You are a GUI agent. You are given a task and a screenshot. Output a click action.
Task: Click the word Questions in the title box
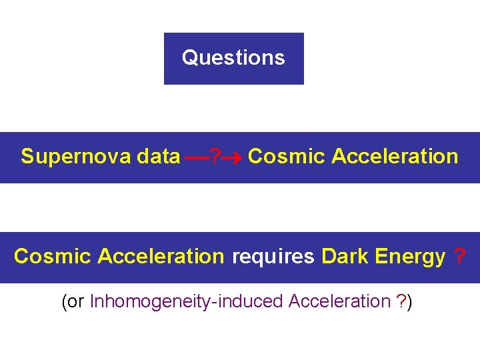point(233,58)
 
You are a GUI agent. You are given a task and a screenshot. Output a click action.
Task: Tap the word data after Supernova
point(158,157)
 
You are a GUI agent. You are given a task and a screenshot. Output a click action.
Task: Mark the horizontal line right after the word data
point(196,159)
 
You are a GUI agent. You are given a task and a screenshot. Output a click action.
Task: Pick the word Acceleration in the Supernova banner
point(395,157)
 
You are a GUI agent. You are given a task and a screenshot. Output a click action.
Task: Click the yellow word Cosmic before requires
point(53,257)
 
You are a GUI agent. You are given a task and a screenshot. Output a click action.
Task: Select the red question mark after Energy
point(459,257)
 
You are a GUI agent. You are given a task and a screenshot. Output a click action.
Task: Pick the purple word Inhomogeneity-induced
point(187,302)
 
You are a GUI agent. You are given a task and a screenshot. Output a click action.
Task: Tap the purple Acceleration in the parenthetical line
point(339,302)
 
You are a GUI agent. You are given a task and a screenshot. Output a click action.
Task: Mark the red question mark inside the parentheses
point(401,302)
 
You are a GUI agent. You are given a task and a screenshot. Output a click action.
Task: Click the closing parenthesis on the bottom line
point(410,302)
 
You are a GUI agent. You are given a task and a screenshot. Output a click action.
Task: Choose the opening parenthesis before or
point(64,302)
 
